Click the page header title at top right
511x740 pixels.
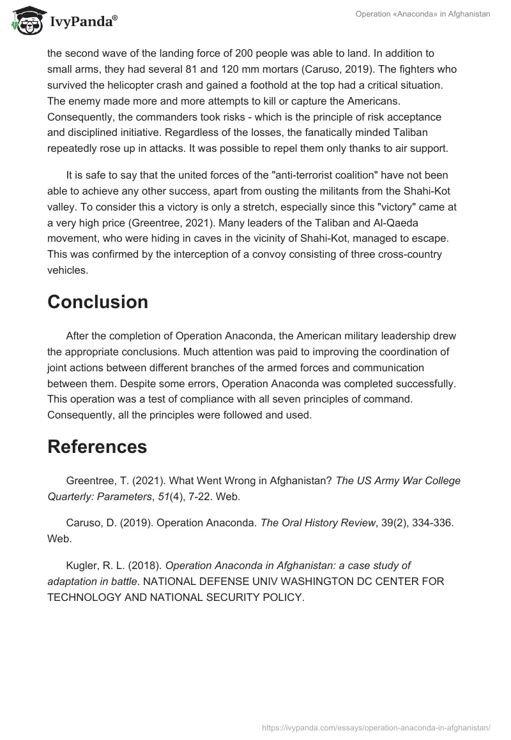[423, 14]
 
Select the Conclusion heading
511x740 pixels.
[98, 302]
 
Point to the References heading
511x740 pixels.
[97, 447]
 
